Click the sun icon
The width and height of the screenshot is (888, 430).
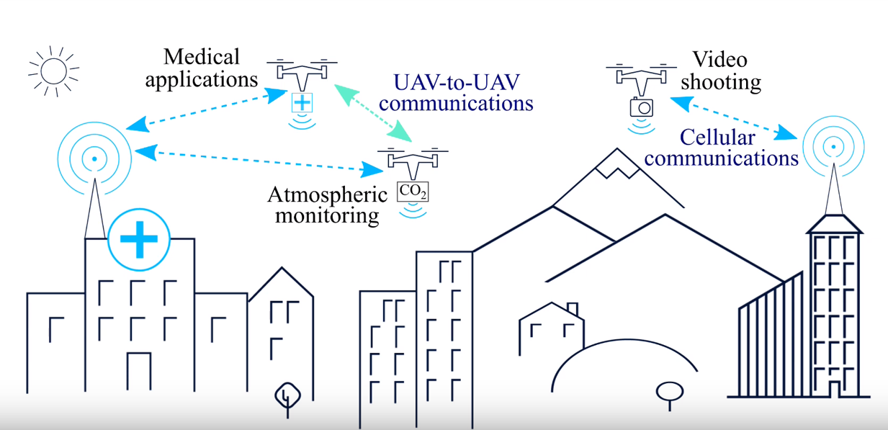(53, 71)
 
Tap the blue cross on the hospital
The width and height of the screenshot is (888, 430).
(139, 240)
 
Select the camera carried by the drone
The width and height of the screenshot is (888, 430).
(641, 107)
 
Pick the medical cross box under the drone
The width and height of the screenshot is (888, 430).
(302, 102)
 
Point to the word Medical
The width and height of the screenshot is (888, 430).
(201, 56)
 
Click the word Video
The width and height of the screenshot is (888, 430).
(719, 60)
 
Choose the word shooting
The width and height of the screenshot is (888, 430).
(721, 81)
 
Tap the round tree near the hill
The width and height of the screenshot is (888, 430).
(669, 393)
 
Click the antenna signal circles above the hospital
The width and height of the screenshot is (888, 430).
(94, 156)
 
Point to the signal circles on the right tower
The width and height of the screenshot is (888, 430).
(833, 147)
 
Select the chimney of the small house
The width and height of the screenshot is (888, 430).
(573, 309)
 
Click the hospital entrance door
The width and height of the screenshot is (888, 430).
(138, 371)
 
